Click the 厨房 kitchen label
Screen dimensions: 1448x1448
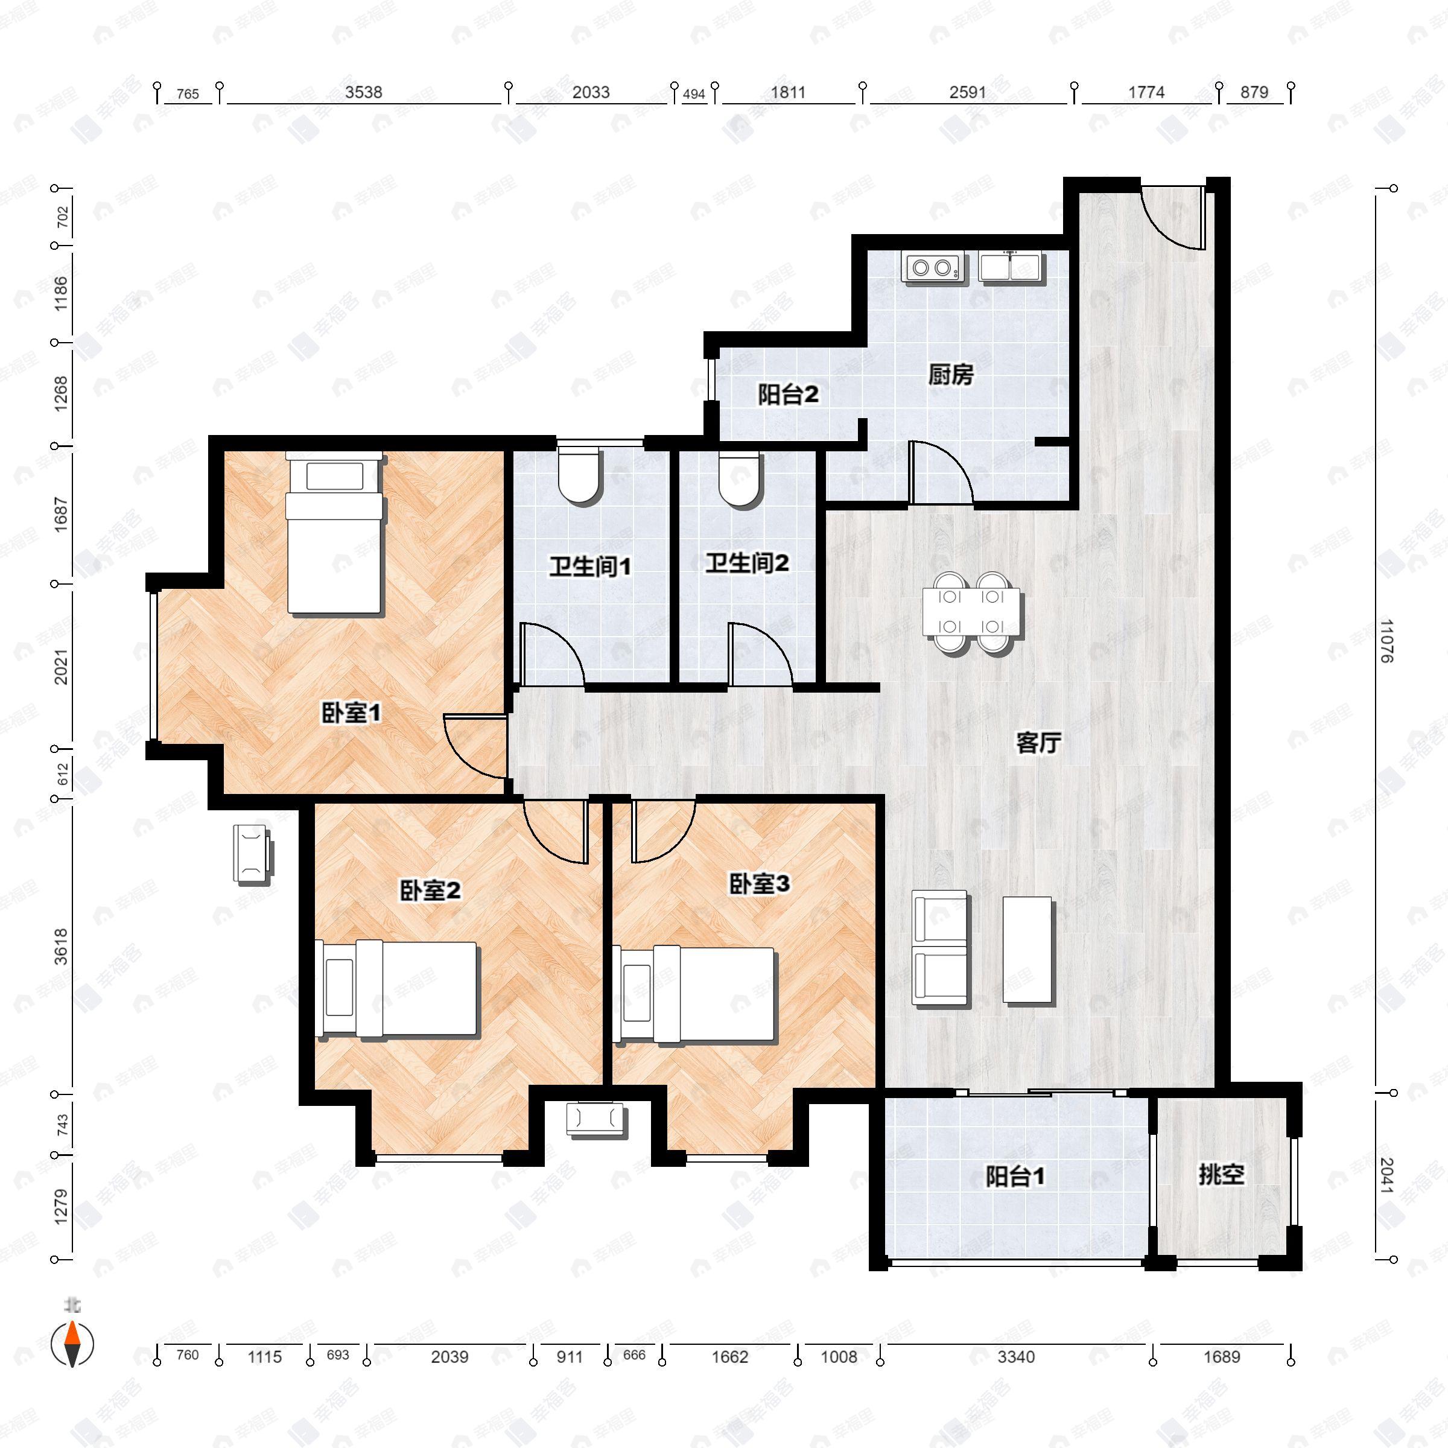click(950, 374)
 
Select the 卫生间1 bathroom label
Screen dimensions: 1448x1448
click(590, 566)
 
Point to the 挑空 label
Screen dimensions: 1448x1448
click(1221, 1175)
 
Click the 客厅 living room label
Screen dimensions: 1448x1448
click(1038, 743)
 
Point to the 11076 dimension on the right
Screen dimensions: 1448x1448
click(1385, 641)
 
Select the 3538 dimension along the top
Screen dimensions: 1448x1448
click(363, 92)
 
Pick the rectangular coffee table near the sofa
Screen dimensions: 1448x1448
click(1027, 950)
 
